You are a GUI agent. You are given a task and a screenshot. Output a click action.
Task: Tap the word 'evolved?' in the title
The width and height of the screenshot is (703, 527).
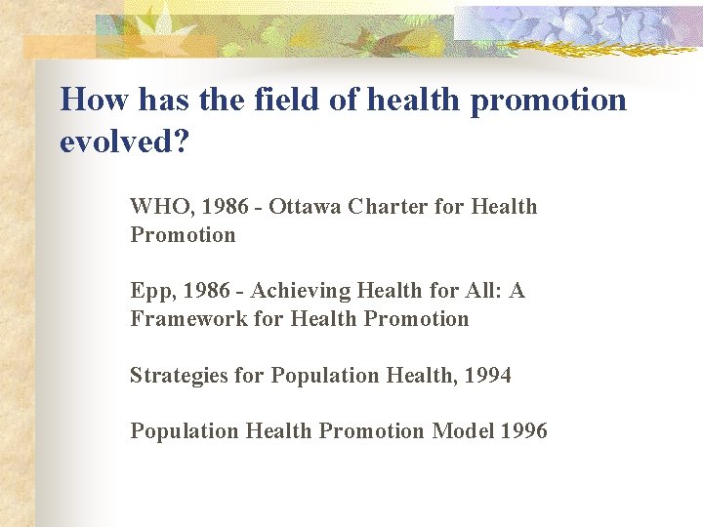(124, 142)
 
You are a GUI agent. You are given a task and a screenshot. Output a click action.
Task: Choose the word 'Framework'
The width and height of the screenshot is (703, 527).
(179, 319)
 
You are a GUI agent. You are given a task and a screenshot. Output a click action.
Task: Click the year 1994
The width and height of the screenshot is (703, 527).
(488, 376)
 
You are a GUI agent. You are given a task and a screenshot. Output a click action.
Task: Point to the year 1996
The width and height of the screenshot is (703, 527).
(524, 431)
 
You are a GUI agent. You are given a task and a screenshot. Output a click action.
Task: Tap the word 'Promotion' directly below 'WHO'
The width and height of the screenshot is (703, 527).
(183, 235)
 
